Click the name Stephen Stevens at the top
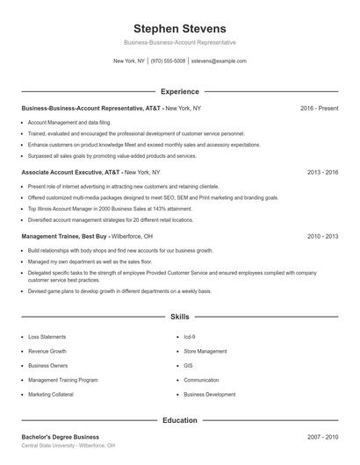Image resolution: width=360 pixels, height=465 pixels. click(180, 29)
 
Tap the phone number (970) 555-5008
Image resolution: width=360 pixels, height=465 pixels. click(168, 61)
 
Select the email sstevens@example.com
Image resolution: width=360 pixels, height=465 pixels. click(219, 61)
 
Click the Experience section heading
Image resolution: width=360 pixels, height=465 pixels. click(180, 91)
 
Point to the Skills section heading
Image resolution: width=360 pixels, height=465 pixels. click(180, 316)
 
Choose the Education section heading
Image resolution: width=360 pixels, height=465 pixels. click(180, 420)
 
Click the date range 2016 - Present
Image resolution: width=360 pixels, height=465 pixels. click(319, 108)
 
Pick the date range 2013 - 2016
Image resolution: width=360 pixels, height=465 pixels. click(322, 172)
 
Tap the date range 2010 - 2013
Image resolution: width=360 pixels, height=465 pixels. click(322, 236)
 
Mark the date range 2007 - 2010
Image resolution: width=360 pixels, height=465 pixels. click(322, 437)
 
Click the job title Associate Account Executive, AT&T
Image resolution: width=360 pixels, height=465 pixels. click(71, 172)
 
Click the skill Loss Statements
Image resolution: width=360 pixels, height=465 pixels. click(47, 337)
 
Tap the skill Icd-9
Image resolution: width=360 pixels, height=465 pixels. click(189, 337)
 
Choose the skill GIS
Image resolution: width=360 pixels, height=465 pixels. click(188, 366)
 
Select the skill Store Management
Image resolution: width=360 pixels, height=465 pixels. click(205, 351)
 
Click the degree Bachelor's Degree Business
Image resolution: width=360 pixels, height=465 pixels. click(60, 437)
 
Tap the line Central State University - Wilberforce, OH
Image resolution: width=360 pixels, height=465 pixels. click(68, 446)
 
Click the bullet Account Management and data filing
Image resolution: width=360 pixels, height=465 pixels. click(69, 122)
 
